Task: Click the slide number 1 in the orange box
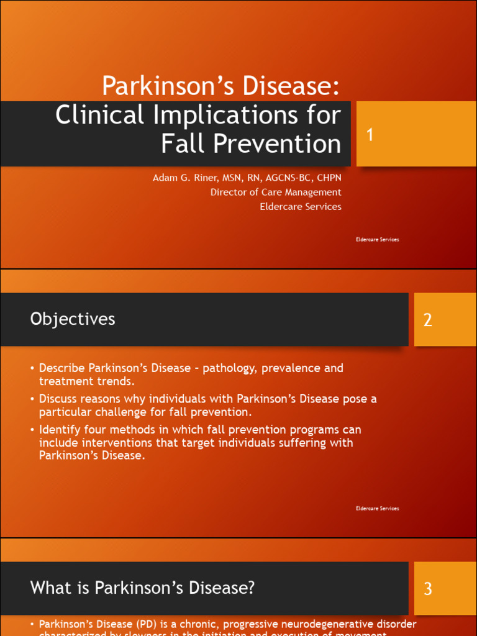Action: tap(370, 135)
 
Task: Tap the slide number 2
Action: tap(427, 320)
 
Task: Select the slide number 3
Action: tap(427, 589)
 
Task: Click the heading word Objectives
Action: tap(73, 319)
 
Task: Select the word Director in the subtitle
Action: tap(229, 192)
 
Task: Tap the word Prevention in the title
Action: tap(277, 144)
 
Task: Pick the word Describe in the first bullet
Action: tap(62, 368)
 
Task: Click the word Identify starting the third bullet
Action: tap(60, 430)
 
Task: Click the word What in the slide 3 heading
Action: tap(48, 588)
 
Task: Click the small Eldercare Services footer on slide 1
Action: tap(377, 239)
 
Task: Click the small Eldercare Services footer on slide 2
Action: tap(377, 508)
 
